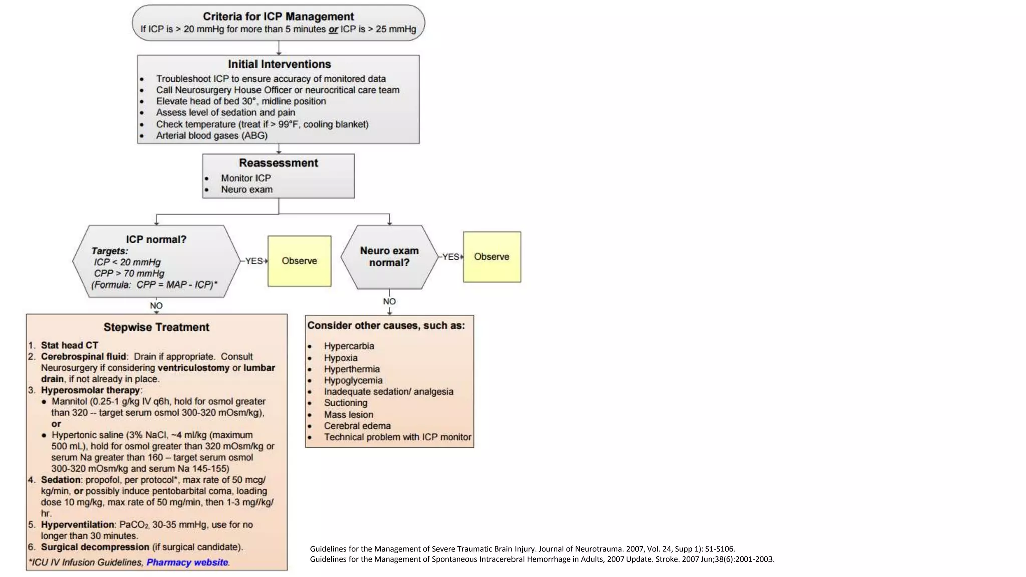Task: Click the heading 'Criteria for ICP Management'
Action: coord(278,17)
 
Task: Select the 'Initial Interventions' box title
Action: coord(280,64)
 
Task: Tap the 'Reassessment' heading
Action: coord(279,163)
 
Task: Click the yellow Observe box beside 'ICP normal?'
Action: coord(299,261)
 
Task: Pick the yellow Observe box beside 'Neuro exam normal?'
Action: coord(492,257)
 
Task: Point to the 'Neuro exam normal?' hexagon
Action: coord(389,257)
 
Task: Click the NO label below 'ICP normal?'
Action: coord(156,306)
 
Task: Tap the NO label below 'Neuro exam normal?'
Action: coord(389,301)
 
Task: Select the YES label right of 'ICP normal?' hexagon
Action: coord(254,261)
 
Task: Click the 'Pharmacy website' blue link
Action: coord(187,562)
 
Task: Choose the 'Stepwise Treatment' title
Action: coord(156,327)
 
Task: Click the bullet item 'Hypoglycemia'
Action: coord(353,380)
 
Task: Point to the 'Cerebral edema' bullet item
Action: coord(357,426)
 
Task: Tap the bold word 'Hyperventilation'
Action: coord(78,524)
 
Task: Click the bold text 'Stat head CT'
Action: coord(69,345)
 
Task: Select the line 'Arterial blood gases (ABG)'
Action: coord(211,135)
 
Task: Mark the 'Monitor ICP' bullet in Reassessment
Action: coord(246,178)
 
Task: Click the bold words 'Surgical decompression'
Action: coord(95,547)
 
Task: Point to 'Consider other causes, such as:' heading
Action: coord(386,325)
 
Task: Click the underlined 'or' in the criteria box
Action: coord(333,29)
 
